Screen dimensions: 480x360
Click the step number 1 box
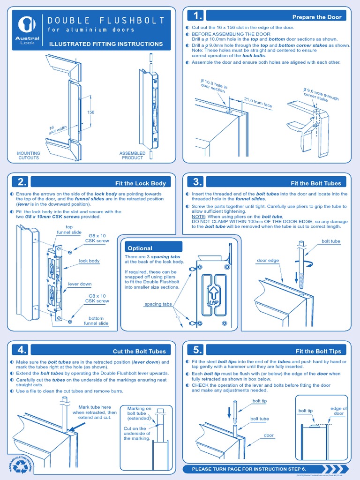(x=195, y=16)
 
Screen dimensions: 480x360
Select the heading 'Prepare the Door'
(x=317, y=17)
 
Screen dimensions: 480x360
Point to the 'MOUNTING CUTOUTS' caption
(x=29, y=156)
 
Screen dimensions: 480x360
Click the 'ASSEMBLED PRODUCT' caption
(x=132, y=156)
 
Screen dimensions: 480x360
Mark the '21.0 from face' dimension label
(x=258, y=103)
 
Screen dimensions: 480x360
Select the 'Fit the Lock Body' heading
(x=140, y=183)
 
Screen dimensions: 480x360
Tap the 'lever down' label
(x=80, y=284)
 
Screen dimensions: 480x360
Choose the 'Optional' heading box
(x=140, y=248)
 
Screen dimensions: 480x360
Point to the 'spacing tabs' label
(x=158, y=304)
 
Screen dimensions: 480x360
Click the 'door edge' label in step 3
(x=268, y=261)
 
